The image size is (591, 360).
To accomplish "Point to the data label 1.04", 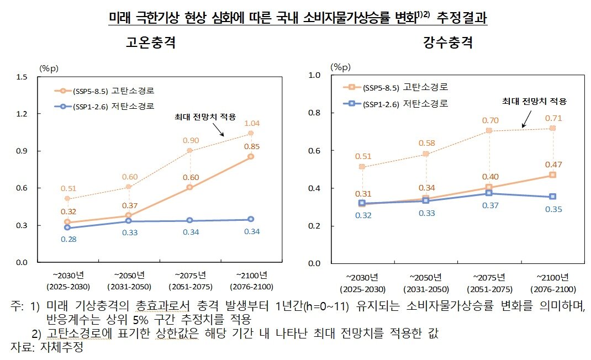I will pyautogui.click(x=252, y=123).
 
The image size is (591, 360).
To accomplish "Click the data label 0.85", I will pyautogui.click(x=252, y=146).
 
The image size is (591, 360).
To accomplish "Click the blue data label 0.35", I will pyautogui.click(x=552, y=209).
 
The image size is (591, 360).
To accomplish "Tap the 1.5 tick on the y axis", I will pyautogui.click(x=23, y=77).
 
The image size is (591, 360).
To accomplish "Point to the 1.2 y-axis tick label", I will pyautogui.click(x=23, y=114).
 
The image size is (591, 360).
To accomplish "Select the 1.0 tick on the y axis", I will pyautogui.click(x=314, y=75).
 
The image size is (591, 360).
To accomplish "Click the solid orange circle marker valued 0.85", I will pyautogui.click(x=251, y=157).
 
